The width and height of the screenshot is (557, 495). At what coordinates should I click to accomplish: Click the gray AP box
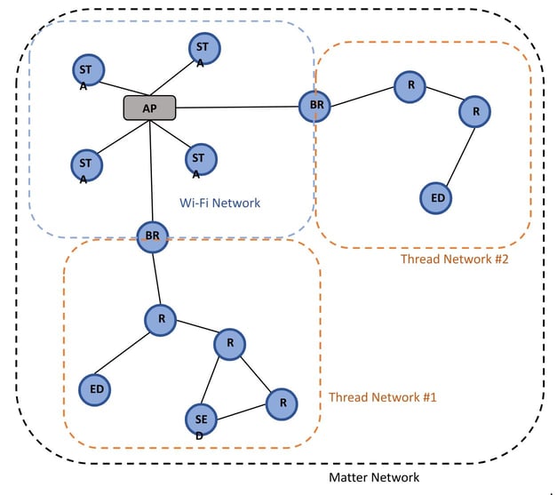coord(149,108)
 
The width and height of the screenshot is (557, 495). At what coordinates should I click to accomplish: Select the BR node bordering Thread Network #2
coord(314,106)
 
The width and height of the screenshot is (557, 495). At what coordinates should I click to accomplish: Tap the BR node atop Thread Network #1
coord(153,237)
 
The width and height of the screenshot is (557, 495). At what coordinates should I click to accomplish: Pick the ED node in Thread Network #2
coord(436,198)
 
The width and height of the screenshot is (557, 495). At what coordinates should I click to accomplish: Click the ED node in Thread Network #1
coord(94,389)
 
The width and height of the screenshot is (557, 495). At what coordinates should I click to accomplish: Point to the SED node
coord(201,420)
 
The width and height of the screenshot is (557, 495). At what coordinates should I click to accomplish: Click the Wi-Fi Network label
coord(220,203)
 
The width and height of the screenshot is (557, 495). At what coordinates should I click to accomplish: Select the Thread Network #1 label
coord(383,397)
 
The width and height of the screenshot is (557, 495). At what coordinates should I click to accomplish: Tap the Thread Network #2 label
coord(455,259)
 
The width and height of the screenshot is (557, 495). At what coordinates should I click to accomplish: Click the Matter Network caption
coord(374,477)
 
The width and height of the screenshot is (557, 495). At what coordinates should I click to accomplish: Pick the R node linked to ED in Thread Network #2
coord(474,112)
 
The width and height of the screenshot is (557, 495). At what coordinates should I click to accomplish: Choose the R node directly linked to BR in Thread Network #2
coord(410,87)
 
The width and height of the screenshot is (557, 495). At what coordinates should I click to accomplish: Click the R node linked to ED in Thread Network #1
coord(161,320)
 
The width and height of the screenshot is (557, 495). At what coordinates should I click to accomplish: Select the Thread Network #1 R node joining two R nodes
coord(229,344)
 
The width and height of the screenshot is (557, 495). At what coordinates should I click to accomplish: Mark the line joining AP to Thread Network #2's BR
coord(237,107)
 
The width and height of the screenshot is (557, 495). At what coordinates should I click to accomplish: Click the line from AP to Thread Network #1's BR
coord(151,171)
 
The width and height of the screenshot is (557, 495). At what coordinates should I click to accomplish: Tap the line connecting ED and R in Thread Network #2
coord(460,156)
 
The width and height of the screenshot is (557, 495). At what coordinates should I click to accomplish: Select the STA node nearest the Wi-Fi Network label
coord(201,160)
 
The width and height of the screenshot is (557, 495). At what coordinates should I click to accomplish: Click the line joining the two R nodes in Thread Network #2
coord(445,93)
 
